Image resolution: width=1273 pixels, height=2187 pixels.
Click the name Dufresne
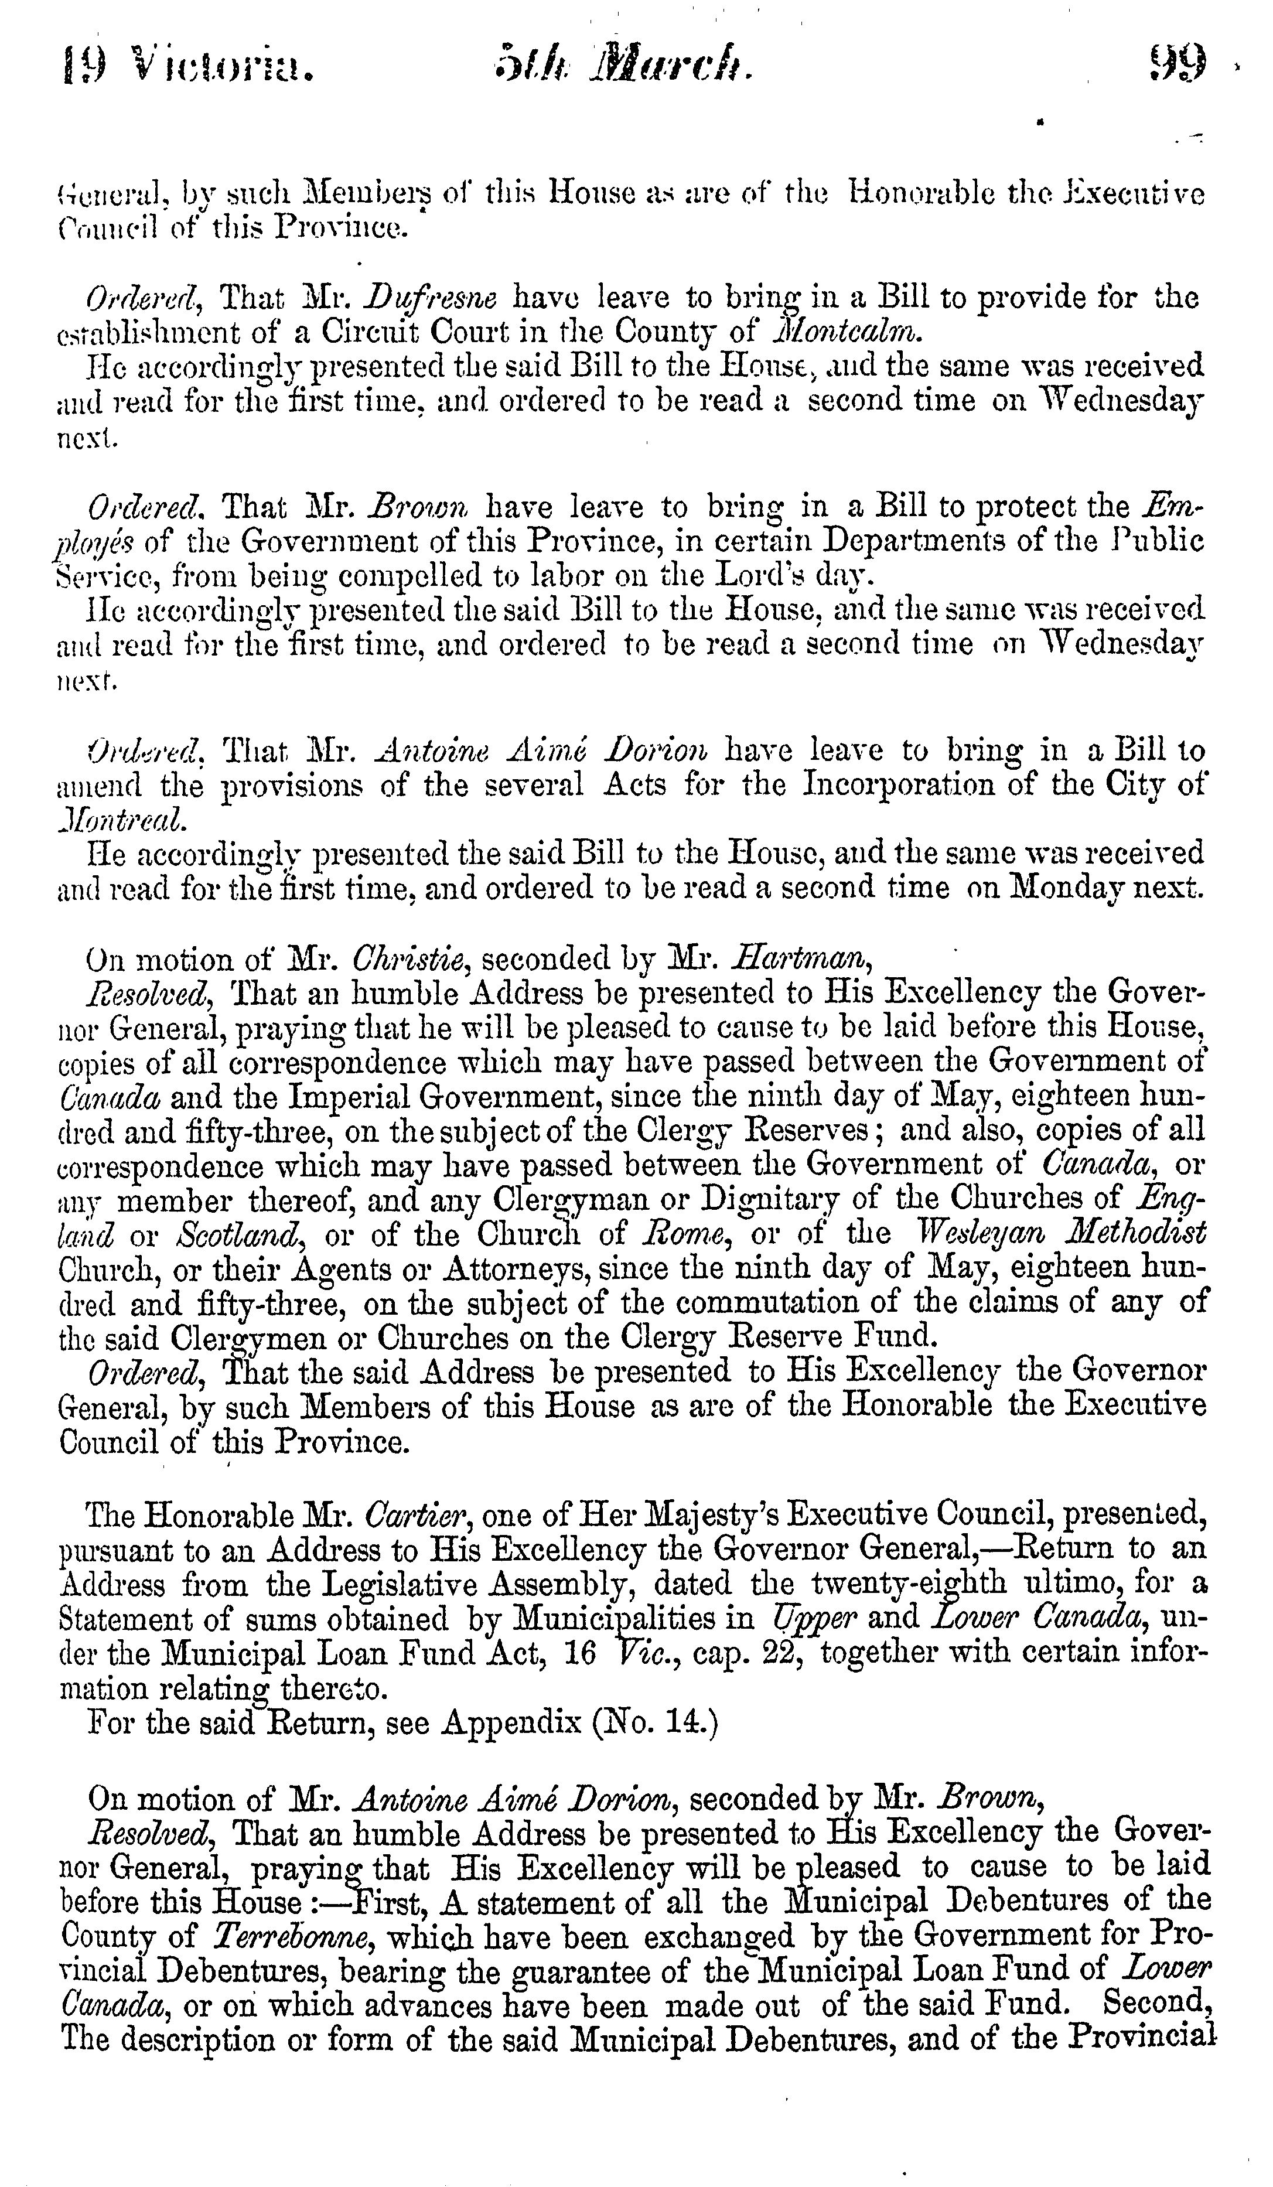click(431, 299)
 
